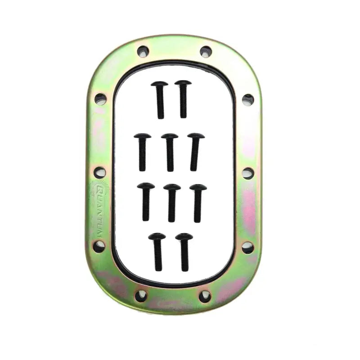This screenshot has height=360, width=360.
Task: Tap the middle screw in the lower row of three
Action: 172,202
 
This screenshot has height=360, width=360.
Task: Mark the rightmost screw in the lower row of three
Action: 198,202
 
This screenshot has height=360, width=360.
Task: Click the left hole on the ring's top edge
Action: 143,51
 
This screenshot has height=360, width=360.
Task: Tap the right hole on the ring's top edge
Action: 206,51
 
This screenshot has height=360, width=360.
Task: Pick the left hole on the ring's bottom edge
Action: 141,296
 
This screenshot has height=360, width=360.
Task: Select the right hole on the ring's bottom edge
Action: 205,296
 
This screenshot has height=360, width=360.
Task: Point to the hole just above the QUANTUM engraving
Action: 100,172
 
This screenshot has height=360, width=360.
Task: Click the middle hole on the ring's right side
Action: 247,173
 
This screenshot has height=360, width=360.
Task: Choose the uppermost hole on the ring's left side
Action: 100,99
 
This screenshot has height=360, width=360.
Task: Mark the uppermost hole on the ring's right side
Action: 247,99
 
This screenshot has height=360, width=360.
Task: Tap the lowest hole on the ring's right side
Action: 247,247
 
